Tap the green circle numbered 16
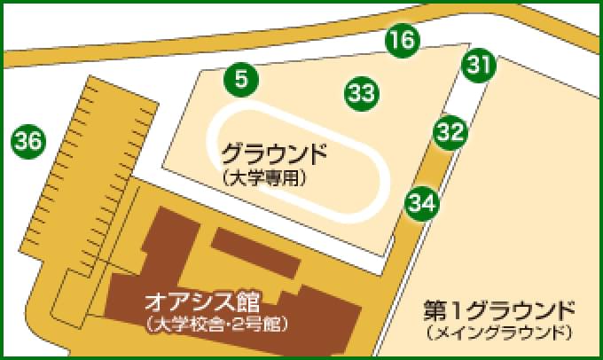tap(402, 40)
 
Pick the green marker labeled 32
tap(450, 132)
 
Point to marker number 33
tap(361, 91)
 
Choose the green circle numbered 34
tap(422, 203)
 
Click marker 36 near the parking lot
tap(27, 140)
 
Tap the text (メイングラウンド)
tap(499, 334)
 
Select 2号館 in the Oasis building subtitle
tap(262, 323)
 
